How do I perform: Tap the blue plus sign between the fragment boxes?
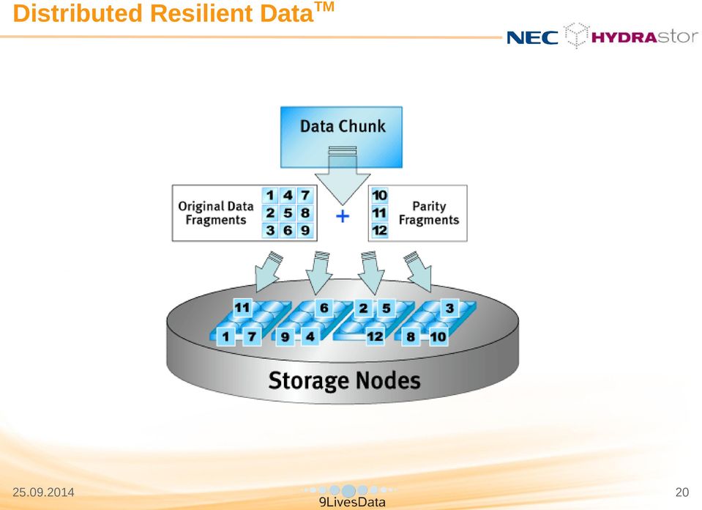click(x=343, y=216)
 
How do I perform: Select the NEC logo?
click(x=532, y=37)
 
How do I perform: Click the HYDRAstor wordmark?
click(x=645, y=37)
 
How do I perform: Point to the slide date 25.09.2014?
click(x=43, y=492)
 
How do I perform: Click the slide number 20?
click(x=682, y=492)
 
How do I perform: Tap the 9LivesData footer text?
click(x=352, y=503)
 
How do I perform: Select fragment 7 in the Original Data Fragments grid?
click(x=305, y=196)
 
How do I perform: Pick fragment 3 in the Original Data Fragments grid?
click(x=270, y=230)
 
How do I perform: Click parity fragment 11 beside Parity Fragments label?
click(x=380, y=213)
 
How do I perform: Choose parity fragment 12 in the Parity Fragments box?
click(x=380, y=230)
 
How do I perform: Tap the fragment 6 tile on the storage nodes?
click(x=324, y=308)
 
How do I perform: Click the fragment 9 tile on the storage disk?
click(x=285, y=336)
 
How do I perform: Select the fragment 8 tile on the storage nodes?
click(x=411, y=336)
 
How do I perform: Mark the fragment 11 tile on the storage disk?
click(x=242, y=308)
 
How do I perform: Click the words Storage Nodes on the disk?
click(x=344, y=380)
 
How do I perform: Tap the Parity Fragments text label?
click(x=429, y=213)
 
